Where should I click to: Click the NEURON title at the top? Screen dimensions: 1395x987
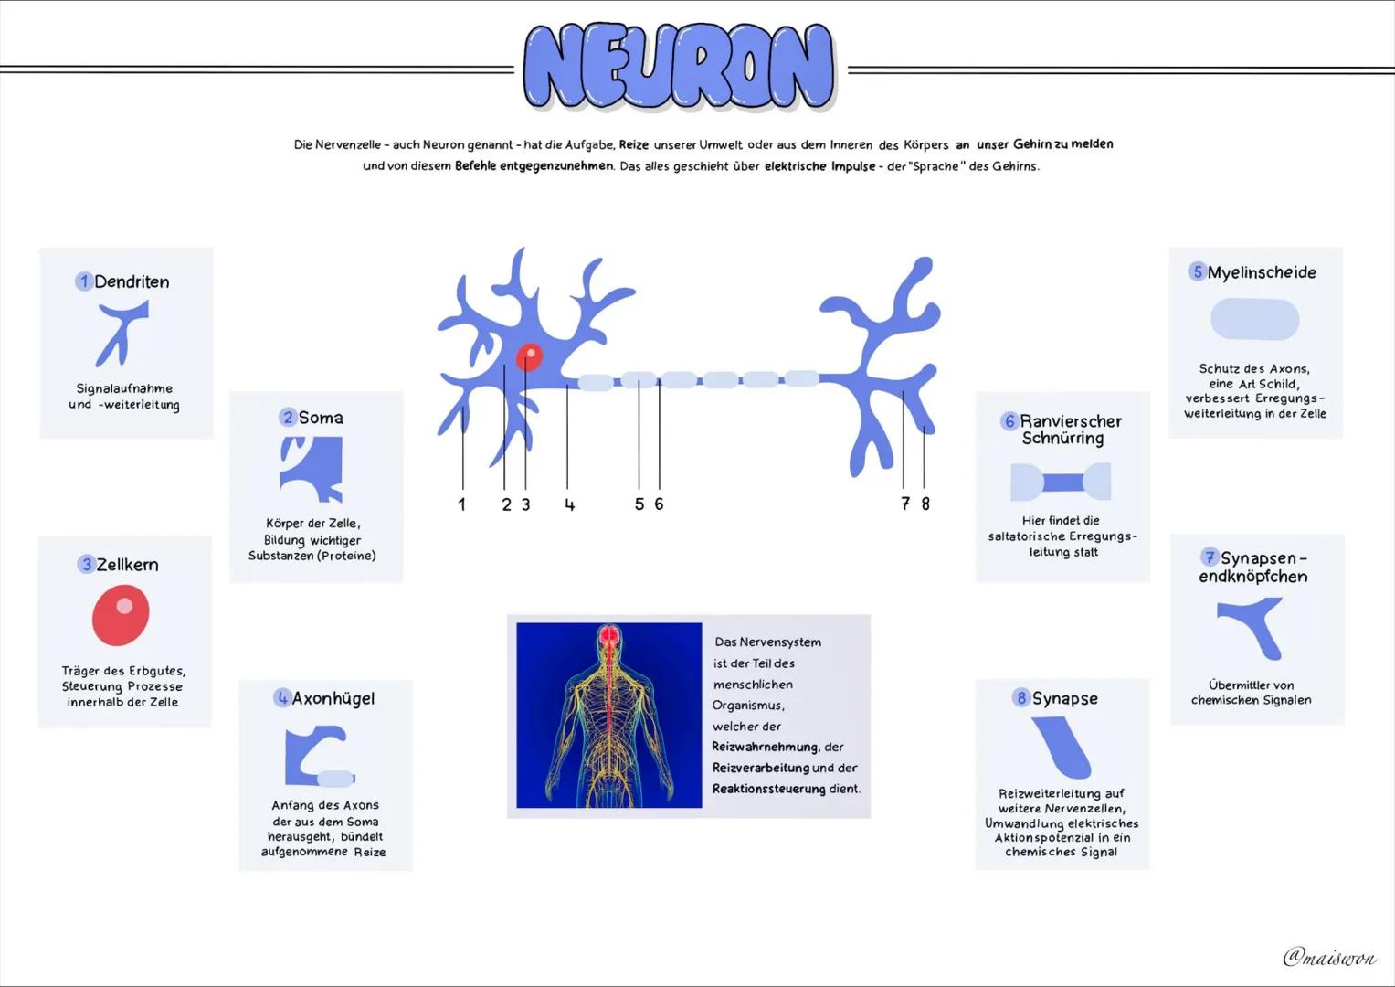tap(679, 66)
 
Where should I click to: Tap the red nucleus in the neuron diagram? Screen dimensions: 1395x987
tap(529, 357)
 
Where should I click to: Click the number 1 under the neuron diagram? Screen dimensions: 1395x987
tap(461, 504)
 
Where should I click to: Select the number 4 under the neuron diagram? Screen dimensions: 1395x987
tap(569, 504)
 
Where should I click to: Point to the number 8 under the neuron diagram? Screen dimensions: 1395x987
tap(925, 504)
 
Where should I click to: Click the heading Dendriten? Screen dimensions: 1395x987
tap(132, 281)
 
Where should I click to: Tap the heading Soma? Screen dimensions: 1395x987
tap(321, 418)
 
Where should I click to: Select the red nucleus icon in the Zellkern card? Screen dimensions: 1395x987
tap(121, 614)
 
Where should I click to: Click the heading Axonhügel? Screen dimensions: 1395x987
tap(333, 698)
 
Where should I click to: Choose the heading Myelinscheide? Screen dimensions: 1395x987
tap(1262, 272)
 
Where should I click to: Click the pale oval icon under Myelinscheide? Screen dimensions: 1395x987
tap(1255, 319)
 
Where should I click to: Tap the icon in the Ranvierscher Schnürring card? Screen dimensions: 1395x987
tap(1061, 482)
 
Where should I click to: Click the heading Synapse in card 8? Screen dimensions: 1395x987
tap(1065, 698)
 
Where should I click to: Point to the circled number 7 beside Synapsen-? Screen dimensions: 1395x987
tap(1210, 557)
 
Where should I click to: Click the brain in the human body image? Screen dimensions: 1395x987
tap(609, 635)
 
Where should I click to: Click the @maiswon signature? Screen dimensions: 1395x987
tap(1330, 957)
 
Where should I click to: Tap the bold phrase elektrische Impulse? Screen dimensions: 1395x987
tap(819, 166)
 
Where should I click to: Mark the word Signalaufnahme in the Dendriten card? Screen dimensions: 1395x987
tap(124, 388)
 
